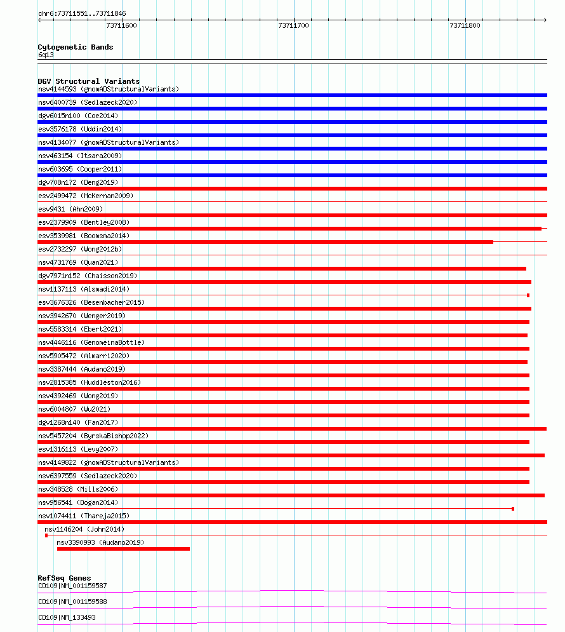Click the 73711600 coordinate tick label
(x=121, y=25)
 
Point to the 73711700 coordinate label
(x=293, y=25)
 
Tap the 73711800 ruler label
(x=465, y=25)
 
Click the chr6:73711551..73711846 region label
(x=82, y=13)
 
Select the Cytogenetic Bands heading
(x=76, y=47)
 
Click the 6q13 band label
(x=46, y=55)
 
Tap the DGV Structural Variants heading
(x=89, y=81)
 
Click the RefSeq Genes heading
(x=64, y=578)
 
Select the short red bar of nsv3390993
(x=123, y=548)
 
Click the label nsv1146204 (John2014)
(x=84, y=529)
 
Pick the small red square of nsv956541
(x=513, y=509)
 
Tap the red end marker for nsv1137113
(x=528, y=295)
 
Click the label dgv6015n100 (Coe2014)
(x=78, y=116)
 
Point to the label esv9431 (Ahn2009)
(x=70, y=209)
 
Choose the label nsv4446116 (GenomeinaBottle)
(x=91, y=342)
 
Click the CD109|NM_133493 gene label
(x=67, y=617)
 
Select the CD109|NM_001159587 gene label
(x=72, y=586)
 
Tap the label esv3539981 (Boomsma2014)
(x=84, y=236)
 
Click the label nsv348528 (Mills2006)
(x=78, y=489)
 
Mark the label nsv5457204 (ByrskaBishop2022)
(x=93, y=436)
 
